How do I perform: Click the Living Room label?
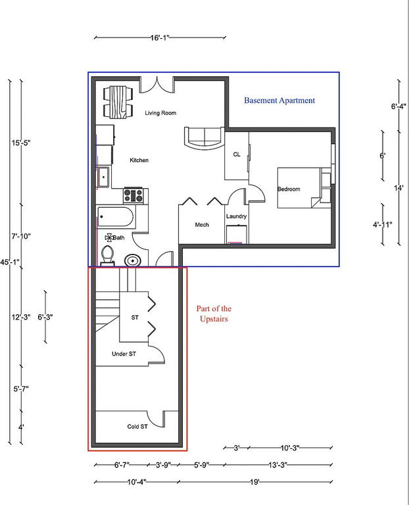pyautogui.click(x=160, y=113)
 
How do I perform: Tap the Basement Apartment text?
pyautogui.click(x=279, y=101)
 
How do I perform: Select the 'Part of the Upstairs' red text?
pyautogui.click(x=214, y=314)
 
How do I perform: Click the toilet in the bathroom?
pyautogui.click(x=107, y=253)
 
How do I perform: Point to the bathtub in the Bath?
pyautogui.click(x=116, y=216)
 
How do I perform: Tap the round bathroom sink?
pyautogui.click(x=133, y=261)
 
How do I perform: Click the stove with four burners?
pyautogui.click(x=134, y=195)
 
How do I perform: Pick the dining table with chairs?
pyautogui.click(x=118, y=102)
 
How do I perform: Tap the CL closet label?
pyautogui.click(x=237, y=155)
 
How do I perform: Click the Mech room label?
pyautogui.click(x=202, y=225)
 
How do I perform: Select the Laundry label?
pyautogui.click(x=236, y=216)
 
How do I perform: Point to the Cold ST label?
pyautogui.click(x=137, y=427)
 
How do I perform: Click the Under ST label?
pyautogui.click(x=124, y=354)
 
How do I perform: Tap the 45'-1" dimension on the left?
pyautogui.click(x=10, y=262)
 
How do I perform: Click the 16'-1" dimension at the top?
pyautogui.click(x=160, y=38)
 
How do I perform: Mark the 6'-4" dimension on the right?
pyautogui.click(x=398, y=106)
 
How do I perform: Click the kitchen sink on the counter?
pyautogui.click(x=103, y=177)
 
